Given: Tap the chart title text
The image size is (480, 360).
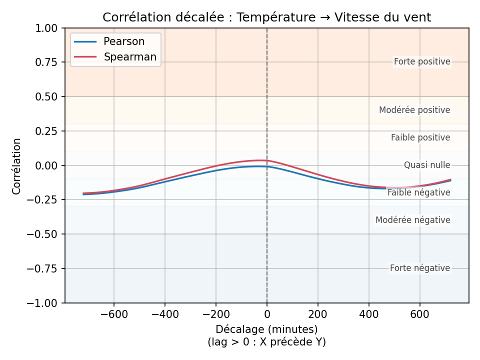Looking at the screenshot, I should [x=266, y=17].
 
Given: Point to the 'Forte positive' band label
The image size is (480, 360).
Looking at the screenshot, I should [x=422, y=62].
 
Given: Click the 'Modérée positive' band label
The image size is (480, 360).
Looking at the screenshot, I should [x=414, y=110].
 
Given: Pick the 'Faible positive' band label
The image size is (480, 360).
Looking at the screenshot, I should [x=420, y=137].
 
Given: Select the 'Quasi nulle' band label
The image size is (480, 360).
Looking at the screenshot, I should [x=427, y=165].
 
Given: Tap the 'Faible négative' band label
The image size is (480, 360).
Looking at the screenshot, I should [x=419, y=192].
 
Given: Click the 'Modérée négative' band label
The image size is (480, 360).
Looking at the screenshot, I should [x=413, y=220].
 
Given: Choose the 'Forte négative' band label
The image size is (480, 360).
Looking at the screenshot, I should [x=420, y=268].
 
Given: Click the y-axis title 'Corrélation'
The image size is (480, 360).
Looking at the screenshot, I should [x=17, y=166].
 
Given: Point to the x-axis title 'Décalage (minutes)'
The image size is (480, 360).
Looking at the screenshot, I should [x=266, y=329].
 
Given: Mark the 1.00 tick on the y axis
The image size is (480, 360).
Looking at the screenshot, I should [x=47, y=28].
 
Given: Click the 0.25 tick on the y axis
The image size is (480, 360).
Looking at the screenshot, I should [x=47, y=131].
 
